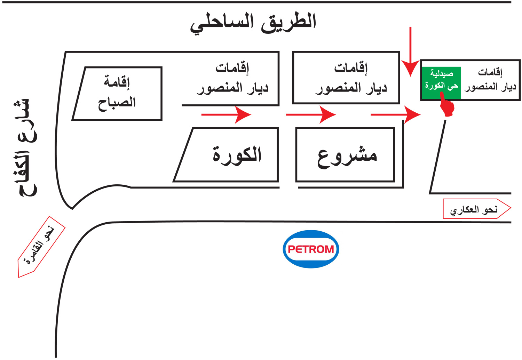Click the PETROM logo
pos(311,249)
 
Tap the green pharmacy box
pos(441,83)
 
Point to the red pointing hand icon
pos(447,106)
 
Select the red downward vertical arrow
pos(411,52)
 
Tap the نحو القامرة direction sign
pos(41,247)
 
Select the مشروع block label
pos(347,155)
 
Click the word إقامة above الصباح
pos(117,82)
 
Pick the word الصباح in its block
pos(117,103)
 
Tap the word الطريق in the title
pos(288,22)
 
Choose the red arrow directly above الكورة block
pos(226,114)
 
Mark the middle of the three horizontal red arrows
pos(311,114)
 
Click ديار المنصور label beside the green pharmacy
pos(490,87)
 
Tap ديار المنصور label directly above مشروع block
pos(351,88)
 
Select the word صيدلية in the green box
pos(442,74)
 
